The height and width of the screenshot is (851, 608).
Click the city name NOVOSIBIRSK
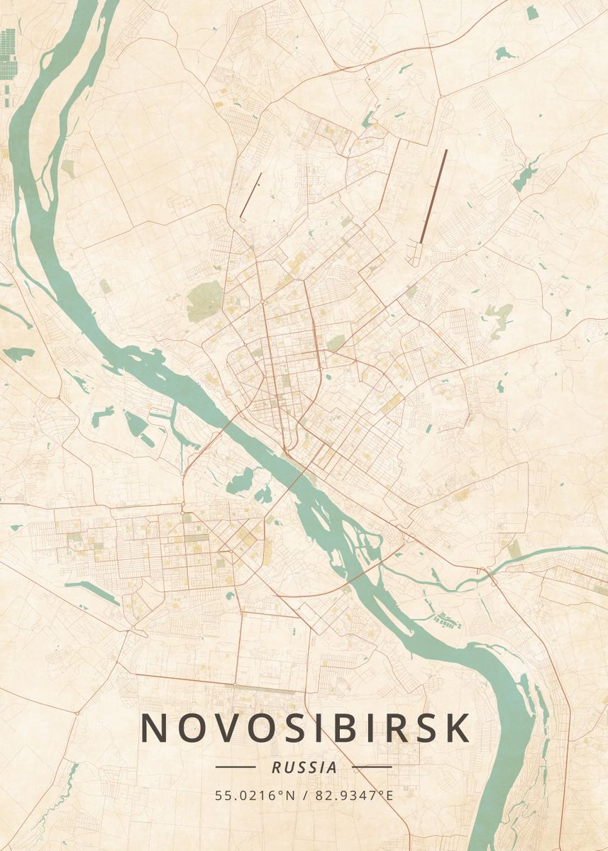305,728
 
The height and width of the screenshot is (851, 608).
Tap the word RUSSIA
304,767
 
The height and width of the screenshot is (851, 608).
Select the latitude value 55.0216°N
255,796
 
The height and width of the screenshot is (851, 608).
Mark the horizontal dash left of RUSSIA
235,767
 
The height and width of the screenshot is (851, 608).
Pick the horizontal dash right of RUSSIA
372,767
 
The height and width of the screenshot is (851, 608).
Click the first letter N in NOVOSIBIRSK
154,728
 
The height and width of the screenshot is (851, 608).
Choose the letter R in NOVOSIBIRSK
407,728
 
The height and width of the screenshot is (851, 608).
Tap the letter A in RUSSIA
332,767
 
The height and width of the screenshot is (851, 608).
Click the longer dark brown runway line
434,196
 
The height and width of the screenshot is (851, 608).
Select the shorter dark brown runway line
251,194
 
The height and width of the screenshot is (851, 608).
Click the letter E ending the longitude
388,796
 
